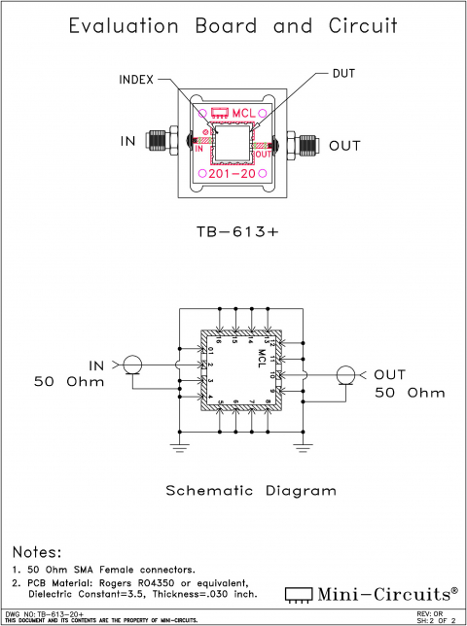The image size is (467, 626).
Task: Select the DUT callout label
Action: [x=345, y=73]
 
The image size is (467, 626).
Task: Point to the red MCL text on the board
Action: [x=242, y=114]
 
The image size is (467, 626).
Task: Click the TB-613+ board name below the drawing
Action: [x=233, y=233]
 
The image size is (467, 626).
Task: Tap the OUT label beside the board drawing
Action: [x=344, y=146]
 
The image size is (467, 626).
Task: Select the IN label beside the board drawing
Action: [x=128, y=142]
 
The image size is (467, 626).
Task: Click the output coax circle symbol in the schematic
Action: [x=344, y=375]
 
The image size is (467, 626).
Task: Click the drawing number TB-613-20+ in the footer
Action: [x=59, y=613]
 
